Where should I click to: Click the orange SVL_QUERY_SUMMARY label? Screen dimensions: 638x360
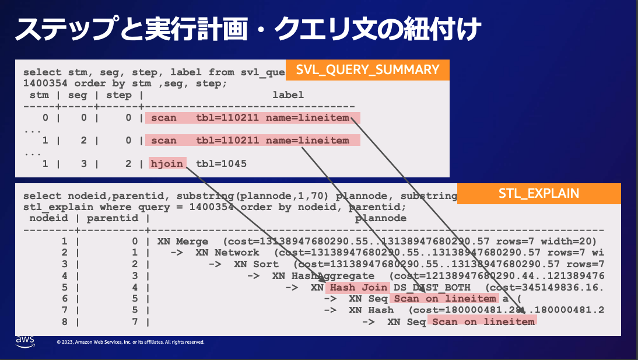click(367, 70)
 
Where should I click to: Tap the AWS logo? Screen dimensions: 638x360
click(25, 340)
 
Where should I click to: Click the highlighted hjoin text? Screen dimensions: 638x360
click(168, 164)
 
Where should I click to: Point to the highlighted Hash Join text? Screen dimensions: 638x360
click(359, 287)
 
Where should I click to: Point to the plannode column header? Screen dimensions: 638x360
click(381, 218)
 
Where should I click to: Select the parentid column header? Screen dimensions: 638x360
click(113, 218)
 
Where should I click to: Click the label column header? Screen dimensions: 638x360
click(288, 95)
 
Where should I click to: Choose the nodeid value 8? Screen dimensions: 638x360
click(65, 321)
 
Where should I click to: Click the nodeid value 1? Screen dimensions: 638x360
click(65, 241)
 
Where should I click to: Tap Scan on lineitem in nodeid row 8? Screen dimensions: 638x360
click(483, 321)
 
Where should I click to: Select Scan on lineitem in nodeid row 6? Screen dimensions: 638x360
click(445, 299)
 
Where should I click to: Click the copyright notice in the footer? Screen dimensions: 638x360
click(130, 342)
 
